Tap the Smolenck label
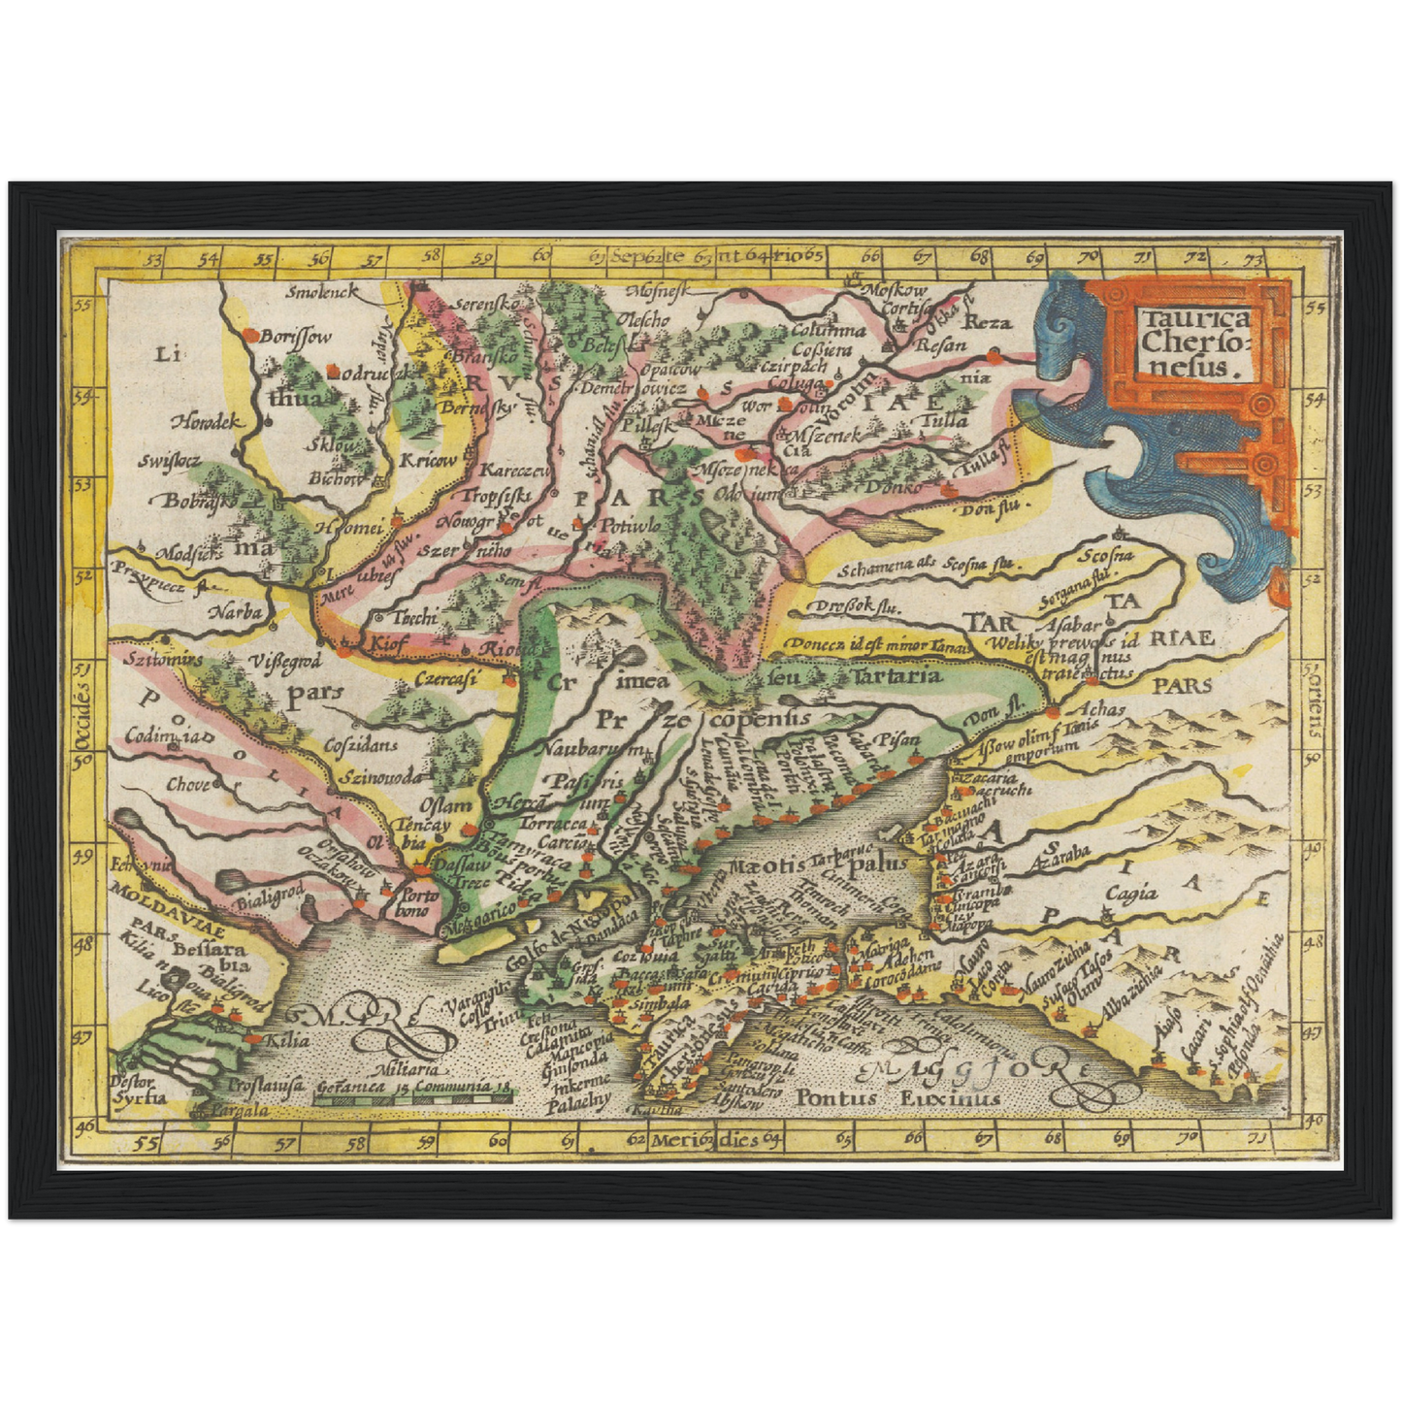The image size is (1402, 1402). (324, 291)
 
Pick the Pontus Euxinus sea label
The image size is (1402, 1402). (897, 1098)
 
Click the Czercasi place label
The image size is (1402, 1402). (443, 679)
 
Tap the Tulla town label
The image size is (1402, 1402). (942, 421)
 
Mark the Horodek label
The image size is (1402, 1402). (206, 422)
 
